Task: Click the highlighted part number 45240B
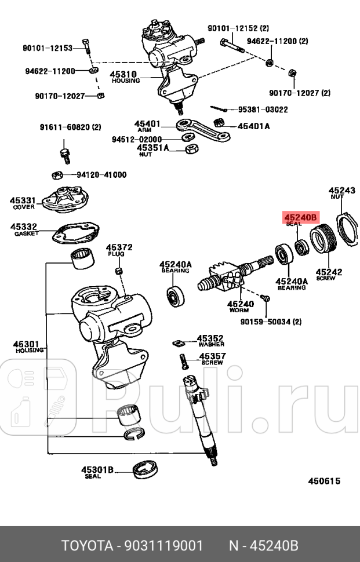point(300,218)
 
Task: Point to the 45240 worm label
point(240,304)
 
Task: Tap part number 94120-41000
point(101,174)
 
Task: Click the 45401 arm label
point(147,124)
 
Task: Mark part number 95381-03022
point(263,109)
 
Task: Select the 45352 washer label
point(210,338)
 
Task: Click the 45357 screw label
point(212,357)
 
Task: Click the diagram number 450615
point(323,481)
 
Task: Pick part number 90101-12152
point(234,28)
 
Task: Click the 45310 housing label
point(122,74)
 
